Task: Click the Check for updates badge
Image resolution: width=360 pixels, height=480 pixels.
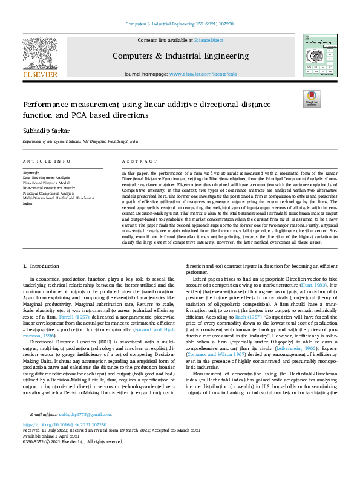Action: coord(312,99)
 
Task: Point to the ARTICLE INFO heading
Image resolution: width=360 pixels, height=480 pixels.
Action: coord(42,161)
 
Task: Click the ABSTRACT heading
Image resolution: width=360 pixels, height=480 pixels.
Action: coord(136,161)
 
